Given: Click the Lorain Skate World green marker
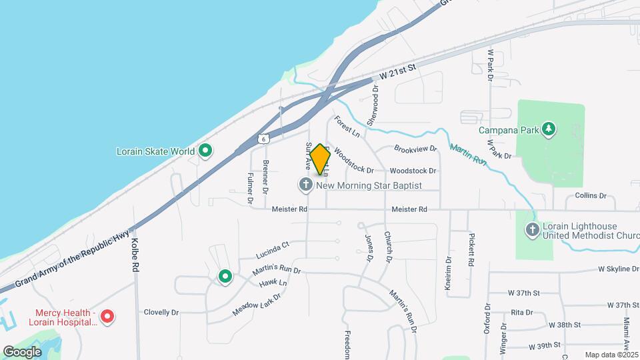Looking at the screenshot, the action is pos(205,151).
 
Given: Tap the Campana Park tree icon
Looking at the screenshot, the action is pos(549,129).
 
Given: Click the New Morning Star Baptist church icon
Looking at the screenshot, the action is pos(306,185).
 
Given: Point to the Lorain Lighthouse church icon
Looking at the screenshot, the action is pos(532,230).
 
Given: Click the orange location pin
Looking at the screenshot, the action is pos(320,159).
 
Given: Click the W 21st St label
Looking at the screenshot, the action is pos(397,71).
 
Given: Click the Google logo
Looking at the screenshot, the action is pos(22,351).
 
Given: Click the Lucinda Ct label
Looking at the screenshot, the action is pos(273,250).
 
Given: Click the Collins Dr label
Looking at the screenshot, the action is pos(591,196).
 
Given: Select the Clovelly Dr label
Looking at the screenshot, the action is pos(162,311).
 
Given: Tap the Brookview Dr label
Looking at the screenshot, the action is pos(415,149).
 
